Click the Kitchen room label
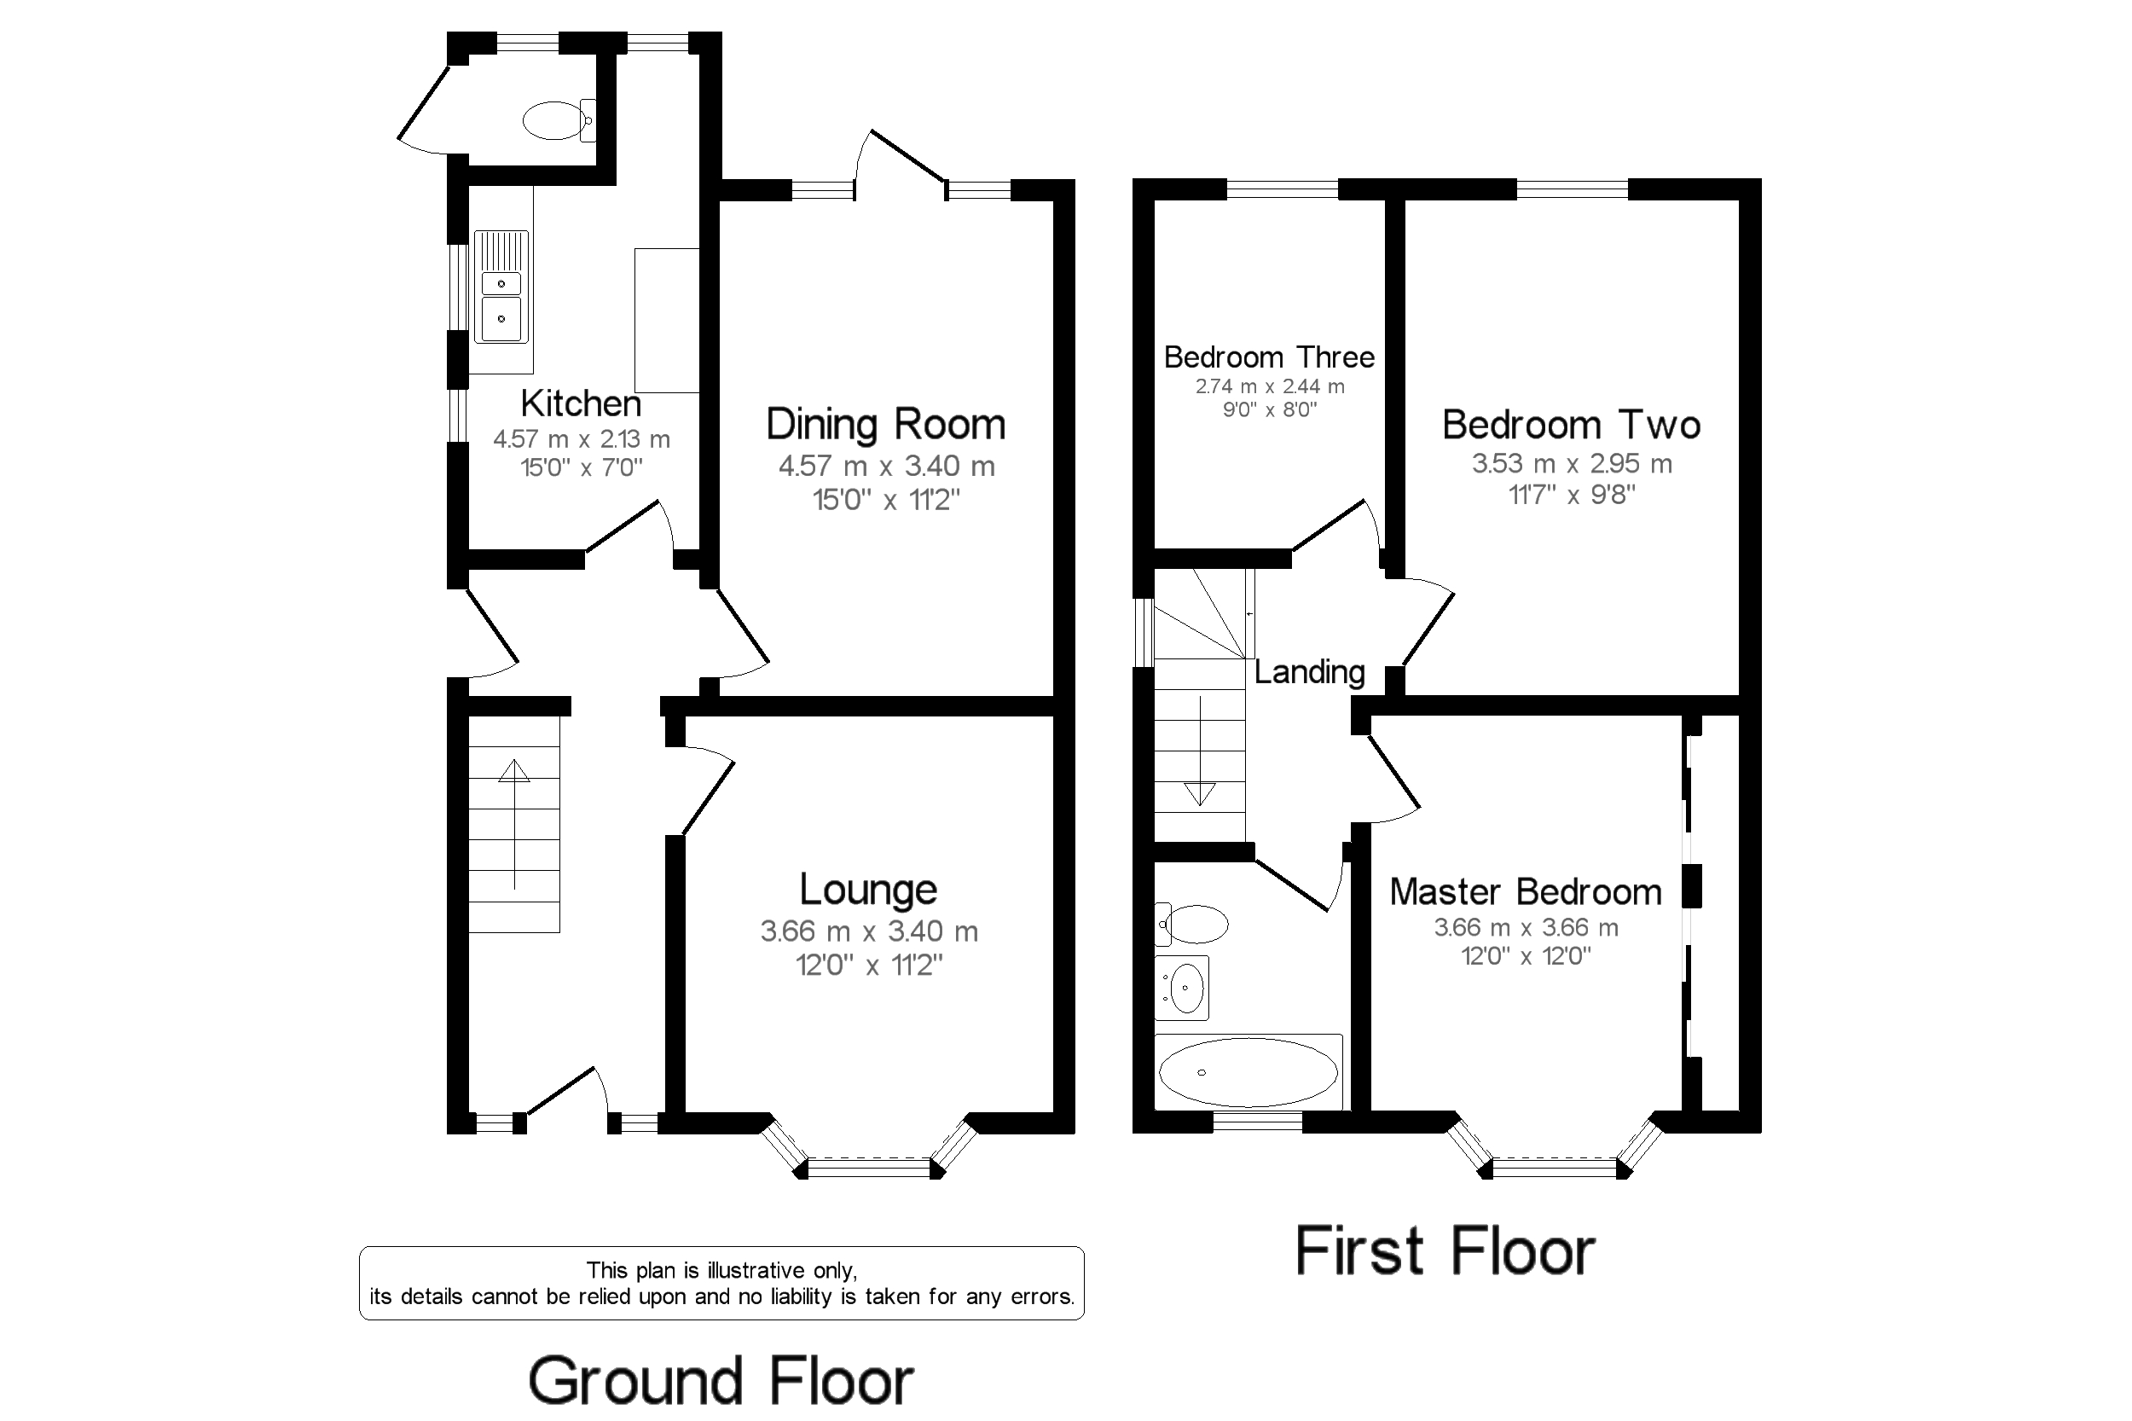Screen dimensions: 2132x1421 [581, 403]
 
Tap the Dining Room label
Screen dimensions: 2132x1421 [886, 424]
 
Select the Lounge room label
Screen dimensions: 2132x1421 [868, 890]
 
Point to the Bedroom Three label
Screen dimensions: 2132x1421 [1268, 357]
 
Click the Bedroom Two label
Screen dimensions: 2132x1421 [1571, 424]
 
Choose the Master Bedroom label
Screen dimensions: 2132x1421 [1526, 892]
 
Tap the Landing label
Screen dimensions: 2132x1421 [1309, 671]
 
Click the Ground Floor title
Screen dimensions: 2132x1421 [721, 1381]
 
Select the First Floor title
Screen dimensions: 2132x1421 [1445, 1250]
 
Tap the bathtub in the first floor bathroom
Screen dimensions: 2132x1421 [1248, 1072]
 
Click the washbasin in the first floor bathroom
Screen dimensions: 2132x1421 [1184, 988]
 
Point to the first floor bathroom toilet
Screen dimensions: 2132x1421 [1191, 925]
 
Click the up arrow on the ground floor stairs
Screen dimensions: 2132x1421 [514, 824]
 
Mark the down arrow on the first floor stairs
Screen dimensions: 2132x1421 [1201, 751]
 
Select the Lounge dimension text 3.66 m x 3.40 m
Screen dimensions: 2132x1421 [869, 931]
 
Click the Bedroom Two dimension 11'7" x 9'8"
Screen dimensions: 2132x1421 [1572, 495]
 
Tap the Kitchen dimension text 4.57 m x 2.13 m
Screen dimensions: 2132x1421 [582, 439]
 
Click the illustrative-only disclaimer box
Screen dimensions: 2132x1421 [721, 1283]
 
